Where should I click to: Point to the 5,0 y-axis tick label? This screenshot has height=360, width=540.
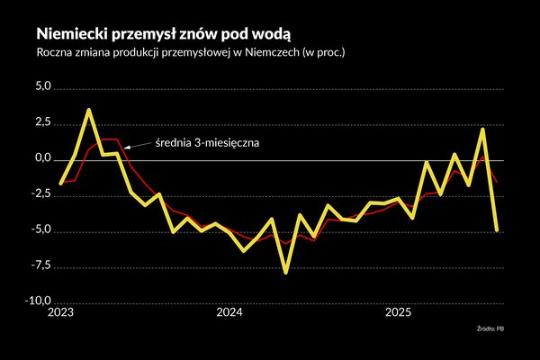44,87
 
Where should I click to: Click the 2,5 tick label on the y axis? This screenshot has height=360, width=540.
44,123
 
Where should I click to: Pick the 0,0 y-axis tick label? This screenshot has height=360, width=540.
44,159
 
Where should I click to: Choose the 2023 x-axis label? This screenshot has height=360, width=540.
60,313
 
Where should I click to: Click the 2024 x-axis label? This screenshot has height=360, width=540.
229,313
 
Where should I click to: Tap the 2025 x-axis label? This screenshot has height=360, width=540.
399,313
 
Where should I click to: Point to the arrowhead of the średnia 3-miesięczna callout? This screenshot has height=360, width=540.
125,145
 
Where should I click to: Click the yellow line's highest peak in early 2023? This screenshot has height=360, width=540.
88,110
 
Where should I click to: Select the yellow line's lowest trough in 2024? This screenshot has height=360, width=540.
286,272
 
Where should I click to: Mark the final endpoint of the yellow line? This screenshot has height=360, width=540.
497,230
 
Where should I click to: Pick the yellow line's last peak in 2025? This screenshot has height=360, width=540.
483,130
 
